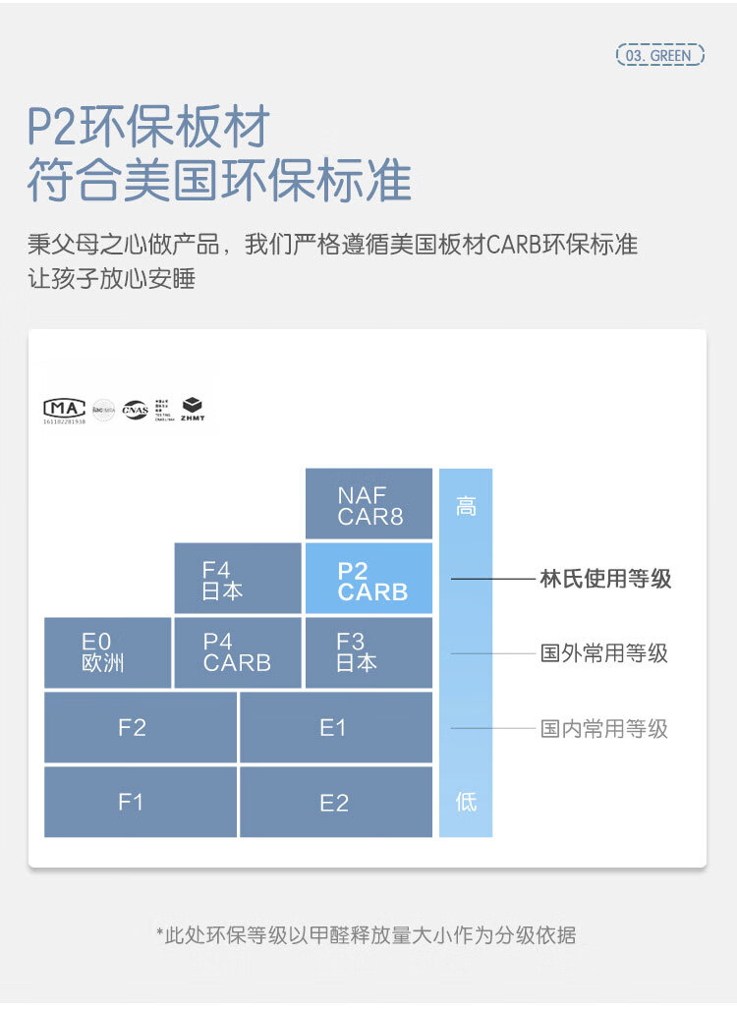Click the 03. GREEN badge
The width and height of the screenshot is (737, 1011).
click(x=660, y=55)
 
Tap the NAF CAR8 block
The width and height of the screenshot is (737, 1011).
click(x=368, y=504)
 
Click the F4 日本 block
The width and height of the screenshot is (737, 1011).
click(x=237, y=580)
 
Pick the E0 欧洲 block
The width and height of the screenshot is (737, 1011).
click(x=107, y=652)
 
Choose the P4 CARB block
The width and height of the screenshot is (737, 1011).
click(x=237, y=652)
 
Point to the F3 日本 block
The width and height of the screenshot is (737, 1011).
click(x=368, y=652)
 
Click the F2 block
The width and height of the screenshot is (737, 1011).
click(x=140, y=728)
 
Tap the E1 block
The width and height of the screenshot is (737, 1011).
click(x=335, y=728)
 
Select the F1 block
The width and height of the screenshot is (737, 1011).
click(x=140, y=802)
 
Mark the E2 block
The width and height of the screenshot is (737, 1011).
click(x=335, y=803)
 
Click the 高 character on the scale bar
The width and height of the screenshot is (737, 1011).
click(x=466, y=507)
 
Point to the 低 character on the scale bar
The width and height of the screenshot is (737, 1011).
click(x=466, y=801)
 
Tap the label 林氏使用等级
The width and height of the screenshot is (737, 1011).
click(x=605, y=579)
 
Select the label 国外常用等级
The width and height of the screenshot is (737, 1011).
click(x=604, y=652)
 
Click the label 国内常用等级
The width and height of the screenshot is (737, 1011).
click(x=604, y=728)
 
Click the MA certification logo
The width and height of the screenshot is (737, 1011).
click(x=64, y=409)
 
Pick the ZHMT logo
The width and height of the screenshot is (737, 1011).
click(x=193, y=409)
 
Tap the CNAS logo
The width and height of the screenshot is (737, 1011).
click(x=135, y=409)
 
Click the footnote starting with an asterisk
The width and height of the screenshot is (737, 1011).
click(x=367, y=934)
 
